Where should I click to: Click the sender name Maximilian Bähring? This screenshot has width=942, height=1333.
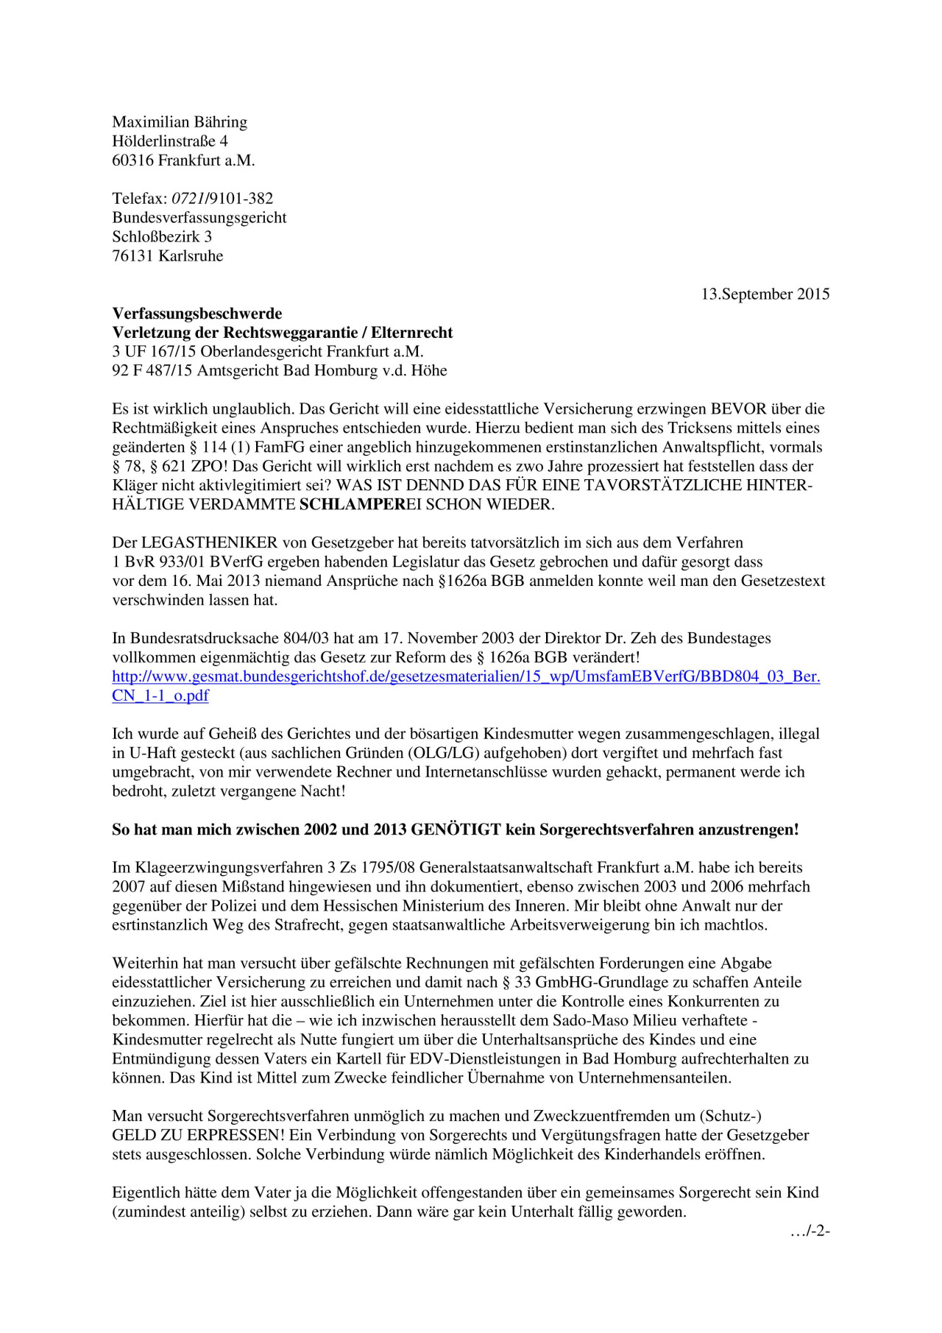click(180, 122)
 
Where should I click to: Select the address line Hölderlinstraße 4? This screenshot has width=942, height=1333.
click(170, 141)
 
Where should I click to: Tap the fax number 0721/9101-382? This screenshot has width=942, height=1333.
click(222, 199)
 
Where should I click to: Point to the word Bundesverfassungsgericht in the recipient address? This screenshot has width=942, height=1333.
click(199, 218)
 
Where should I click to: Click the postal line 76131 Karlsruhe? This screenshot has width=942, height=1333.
click(168, 256)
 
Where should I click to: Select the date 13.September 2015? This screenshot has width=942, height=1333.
click(765, 294)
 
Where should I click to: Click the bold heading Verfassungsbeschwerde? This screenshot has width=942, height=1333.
click(197, 314)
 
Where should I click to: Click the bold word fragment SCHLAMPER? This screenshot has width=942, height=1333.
click(353, 505)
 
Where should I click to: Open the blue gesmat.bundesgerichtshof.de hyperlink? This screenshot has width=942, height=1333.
click(466, 677)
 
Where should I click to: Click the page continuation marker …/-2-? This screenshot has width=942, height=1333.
click(810, 1231)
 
